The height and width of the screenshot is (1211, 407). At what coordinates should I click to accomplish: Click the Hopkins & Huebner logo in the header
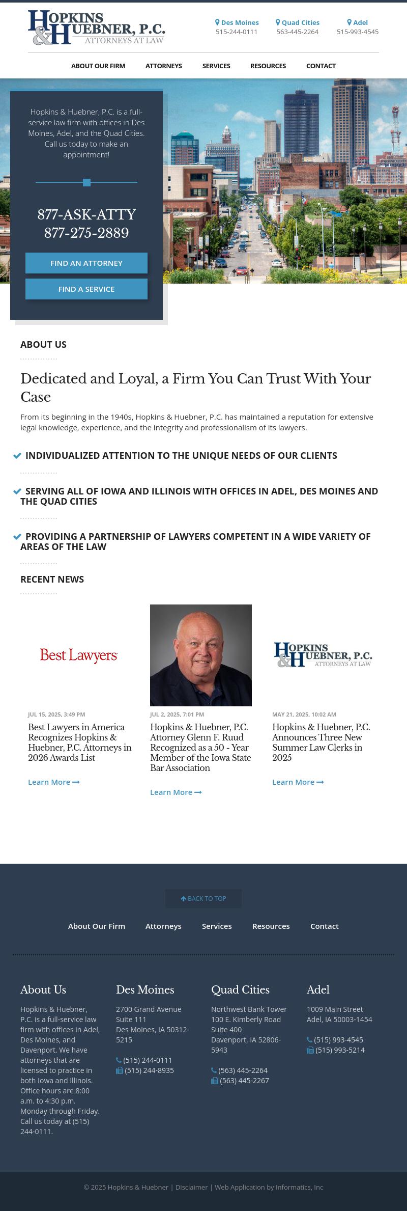tap(97, 27)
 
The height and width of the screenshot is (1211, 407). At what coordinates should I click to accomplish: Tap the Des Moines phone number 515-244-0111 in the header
tap(237, 32)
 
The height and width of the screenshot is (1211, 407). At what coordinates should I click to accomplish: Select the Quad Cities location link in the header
tap(298, 22)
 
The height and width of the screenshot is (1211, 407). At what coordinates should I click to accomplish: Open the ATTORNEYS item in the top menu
tap(163, 66)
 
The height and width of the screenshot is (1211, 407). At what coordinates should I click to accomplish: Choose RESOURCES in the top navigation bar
tap(268, 66)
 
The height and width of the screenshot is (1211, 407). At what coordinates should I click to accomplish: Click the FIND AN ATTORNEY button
tap(86, 263)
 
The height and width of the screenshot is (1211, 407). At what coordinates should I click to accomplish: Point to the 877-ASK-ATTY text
tap(86, 215)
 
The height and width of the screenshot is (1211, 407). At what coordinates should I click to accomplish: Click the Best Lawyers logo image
tap(79, 655)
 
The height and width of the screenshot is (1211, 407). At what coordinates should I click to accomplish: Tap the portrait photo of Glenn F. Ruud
tap(201, 655)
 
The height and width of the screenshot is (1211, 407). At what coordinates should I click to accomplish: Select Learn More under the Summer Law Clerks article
tap(298, 782)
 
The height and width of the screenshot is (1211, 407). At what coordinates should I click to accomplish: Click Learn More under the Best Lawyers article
tap(53, 782)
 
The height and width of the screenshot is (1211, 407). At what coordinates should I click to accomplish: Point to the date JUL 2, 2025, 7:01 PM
tap(177, 714)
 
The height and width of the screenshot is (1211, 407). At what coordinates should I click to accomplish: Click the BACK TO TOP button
tap(203, 899)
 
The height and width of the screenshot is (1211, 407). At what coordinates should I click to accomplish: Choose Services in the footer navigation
tap(217, 926)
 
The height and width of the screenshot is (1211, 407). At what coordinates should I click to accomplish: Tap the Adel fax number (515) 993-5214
tap(339, 1050)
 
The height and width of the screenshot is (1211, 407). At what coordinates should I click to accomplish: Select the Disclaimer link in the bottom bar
tap(191, 1188)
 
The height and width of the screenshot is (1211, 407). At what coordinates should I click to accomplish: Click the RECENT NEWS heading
tap(52, 580)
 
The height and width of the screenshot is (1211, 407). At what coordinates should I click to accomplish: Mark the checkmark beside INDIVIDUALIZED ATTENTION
tap(17, 456)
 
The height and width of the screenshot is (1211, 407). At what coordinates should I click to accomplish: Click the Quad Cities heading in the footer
tap(240, 990)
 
